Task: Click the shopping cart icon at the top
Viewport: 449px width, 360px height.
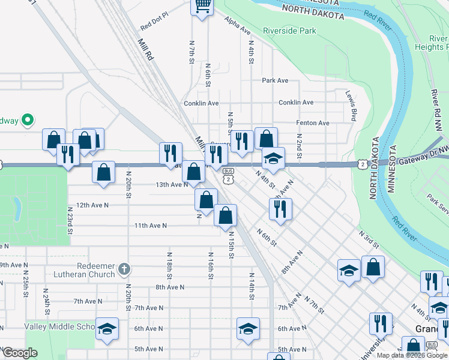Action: click(203, 7)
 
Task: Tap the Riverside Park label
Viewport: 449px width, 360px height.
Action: click(289, 30)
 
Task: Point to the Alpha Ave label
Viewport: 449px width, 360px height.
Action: click(238, 25)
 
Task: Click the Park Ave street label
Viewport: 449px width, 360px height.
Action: click(275, 80)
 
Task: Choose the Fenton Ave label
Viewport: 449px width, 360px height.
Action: click(313, 123)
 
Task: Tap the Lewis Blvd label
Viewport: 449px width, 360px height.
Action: click(351, 106)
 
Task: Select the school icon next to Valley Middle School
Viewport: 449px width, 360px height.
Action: click(107, 328)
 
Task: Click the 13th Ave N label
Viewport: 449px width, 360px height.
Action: click(172, 185)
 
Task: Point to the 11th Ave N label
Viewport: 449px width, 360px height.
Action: click(149, 226)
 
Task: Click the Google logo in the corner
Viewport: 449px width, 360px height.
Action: click(19, 353)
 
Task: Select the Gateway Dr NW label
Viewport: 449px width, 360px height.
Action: click(420, 155)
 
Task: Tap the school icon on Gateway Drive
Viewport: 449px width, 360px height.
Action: click(273, 158)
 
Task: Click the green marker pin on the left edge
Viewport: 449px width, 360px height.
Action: click(27, 121)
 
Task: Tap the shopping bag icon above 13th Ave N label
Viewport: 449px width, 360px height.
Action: click(193, 172)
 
